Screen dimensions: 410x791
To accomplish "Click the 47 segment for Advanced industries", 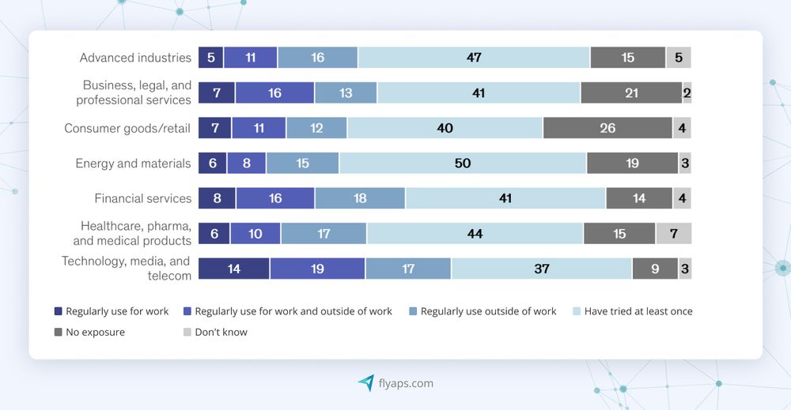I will (474, 58).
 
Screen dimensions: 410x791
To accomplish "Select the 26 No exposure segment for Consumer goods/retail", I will (607, 128).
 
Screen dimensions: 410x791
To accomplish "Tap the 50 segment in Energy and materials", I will (463, 164).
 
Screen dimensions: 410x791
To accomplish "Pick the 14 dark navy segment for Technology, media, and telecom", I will (233, 269).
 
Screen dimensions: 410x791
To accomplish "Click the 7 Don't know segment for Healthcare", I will (673, 234).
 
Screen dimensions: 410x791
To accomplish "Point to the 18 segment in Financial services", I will (360, 198).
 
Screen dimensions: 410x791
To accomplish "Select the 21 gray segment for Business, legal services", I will (631, 93).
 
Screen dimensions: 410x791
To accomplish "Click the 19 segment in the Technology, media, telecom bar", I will (317, 269).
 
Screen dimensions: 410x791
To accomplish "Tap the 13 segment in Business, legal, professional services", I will (346, 93).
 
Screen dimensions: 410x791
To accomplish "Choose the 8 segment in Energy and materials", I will (246, 164).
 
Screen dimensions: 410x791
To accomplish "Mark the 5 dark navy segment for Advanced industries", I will (210, 58).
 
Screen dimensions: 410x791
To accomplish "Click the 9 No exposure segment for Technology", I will (655, 269).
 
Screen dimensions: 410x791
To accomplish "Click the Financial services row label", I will (142, 198).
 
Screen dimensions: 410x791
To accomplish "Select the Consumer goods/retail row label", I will (127, 128).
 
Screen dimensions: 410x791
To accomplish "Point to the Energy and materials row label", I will (133, 164).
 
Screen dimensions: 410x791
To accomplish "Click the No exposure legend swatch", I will (58, 333).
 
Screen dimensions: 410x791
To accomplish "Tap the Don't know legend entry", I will (221, 333).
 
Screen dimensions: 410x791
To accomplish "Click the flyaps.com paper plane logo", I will (365, 383).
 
